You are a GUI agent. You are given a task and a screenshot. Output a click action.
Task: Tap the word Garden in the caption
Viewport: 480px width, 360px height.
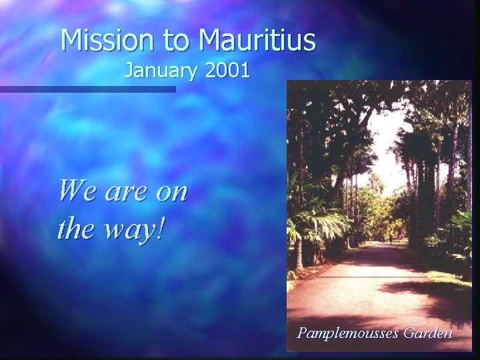(427, 331)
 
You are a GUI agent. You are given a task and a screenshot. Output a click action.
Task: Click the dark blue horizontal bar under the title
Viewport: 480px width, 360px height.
(87, 89)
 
